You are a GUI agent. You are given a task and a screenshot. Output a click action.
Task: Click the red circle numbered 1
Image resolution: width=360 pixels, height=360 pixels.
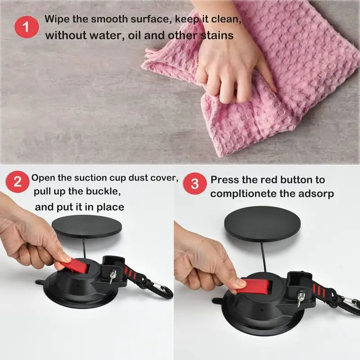tap(27, 27)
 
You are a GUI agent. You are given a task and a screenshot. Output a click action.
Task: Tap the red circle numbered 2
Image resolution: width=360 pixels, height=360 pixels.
tap(18, 182)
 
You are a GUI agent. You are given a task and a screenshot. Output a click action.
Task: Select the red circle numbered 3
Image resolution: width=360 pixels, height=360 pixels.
tap(195, 184)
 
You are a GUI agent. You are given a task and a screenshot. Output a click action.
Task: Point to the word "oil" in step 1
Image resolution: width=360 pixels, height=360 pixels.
tap(134, 36)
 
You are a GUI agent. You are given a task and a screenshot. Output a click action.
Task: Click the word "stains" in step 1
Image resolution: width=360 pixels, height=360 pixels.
tap(217, 36)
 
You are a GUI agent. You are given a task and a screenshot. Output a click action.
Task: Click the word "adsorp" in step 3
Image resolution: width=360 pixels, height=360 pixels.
tap(316, 194)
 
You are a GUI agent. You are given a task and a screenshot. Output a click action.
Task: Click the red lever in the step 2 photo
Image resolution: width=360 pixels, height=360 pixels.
tap(75, 265)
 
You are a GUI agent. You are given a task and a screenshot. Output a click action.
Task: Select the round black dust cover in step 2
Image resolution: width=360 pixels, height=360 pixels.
tap(87, 227)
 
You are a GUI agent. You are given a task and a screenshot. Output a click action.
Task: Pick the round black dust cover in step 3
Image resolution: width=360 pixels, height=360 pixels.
tap(262, 223)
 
